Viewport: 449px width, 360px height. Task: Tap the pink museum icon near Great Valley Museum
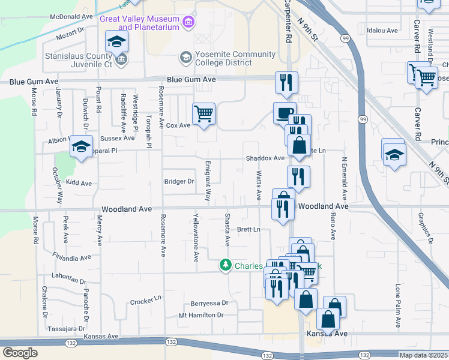(x=189, y=23)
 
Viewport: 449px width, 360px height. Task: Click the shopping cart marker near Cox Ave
(x=204, y=113)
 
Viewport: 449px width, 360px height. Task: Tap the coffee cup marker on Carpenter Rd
(x=285, y=112)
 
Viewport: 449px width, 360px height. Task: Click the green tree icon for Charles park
(x=225, y=264)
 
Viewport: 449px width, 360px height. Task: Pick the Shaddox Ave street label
(x=265, y=158)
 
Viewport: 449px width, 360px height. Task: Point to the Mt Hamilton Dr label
(x=201, y=315)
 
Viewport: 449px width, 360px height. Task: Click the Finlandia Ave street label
(x=71, y=258)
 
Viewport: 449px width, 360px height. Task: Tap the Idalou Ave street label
(x=382, y=30)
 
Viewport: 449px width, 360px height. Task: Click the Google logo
(x=20, y=353)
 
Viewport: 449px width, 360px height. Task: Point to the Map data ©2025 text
(x=423, y=355)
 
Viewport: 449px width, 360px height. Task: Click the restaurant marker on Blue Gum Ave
(x=286, y=82)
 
